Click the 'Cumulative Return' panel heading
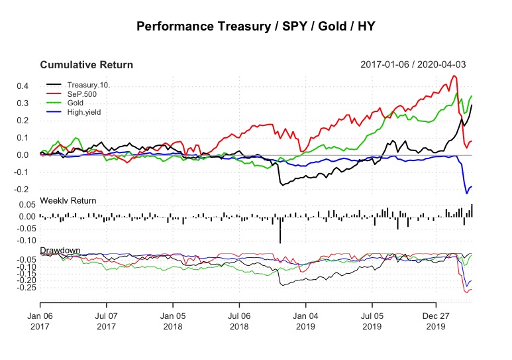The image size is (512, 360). [x=86, y=65]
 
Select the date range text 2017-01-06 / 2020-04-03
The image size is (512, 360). [x=416, y=65]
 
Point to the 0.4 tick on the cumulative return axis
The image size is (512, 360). [x=28, y=86]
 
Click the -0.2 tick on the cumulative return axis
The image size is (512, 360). [x=26, y=190]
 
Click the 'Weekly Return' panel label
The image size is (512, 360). [x=68, y=200]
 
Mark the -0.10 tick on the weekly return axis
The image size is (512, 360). [x=25, y=241]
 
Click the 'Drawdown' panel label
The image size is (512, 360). [x=60, y=250]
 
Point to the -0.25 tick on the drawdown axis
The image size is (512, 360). [x=25, y=288]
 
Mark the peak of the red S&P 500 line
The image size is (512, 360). [x=454, y=76]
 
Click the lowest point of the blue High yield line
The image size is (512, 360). [x=466, y=193]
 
